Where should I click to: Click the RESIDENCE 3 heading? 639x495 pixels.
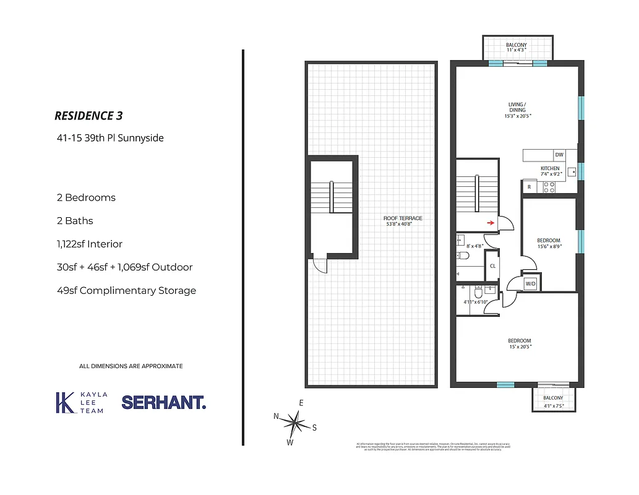(x=93, y=116)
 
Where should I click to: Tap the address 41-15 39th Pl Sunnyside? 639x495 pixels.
(x=110, y=138)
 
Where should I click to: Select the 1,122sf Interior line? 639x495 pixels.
(x=89, y=244)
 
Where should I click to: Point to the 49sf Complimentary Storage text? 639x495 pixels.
(x=126, y=290)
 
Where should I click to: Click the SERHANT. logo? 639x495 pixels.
(x=164, y=402)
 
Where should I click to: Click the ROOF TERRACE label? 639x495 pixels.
(x=403, y=221)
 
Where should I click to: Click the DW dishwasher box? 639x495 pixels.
(x=559, y=155)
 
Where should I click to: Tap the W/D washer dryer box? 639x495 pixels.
(x=531, y=283)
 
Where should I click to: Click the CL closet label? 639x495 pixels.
(x=493, y=265)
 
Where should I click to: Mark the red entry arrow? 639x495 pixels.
(x=490, y=223)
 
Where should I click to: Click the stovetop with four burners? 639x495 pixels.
(x=548, y=187)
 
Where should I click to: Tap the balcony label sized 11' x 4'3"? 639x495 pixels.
(x=516, y=48)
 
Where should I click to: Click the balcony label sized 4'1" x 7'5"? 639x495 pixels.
(x=553, y=402)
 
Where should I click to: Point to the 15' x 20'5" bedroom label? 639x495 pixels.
(x=519, y=343)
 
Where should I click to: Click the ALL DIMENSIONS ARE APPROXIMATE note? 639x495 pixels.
(x=131, y=366)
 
